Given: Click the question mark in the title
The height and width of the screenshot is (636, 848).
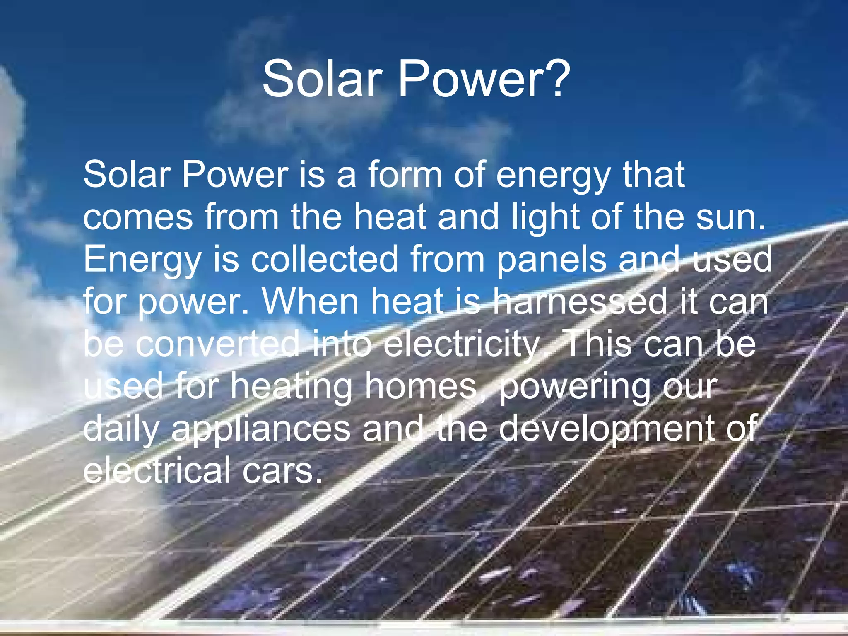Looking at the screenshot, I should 555,78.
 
